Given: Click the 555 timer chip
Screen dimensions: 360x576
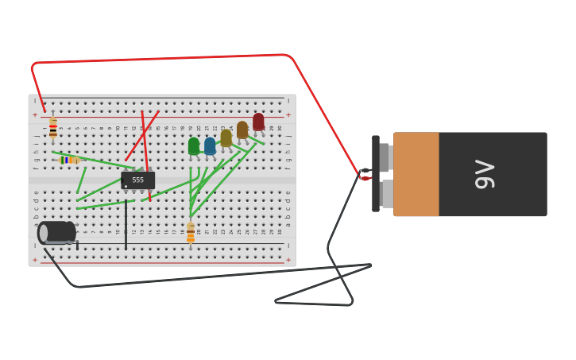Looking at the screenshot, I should click(137, 180).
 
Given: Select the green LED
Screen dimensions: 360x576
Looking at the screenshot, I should click(194, 146).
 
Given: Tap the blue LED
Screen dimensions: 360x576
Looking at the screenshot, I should click(210, 146).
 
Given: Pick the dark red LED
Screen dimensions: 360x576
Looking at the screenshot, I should click(258, 122).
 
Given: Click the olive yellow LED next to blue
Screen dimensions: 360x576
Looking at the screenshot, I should click(226, 137).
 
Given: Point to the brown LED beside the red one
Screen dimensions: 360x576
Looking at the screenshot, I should click(242, 130).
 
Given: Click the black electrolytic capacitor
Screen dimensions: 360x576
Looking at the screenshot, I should click(58, 232).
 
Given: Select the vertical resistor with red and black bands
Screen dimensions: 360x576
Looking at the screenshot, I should click(53, 127).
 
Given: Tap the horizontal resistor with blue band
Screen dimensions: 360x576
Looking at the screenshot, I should click(70, 160).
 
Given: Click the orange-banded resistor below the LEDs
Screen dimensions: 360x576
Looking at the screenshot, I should click(191, 233).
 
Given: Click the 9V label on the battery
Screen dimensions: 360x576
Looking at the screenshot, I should click(485, 174).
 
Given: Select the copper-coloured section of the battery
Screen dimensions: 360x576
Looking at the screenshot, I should click(416, 174).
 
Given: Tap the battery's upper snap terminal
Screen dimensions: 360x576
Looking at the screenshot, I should click(385, 157).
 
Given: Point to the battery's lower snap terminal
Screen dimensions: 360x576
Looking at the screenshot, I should click(386, 194).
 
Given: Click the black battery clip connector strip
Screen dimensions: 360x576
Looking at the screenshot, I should click(375, 174).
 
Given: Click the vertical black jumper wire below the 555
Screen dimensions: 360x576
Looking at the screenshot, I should click(126, 226).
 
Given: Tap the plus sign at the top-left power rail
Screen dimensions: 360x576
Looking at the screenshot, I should click(34, 115).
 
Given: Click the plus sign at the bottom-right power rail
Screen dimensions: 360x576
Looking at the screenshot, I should click(288, 260).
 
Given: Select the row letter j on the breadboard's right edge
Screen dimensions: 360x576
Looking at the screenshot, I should click(288, 136).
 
